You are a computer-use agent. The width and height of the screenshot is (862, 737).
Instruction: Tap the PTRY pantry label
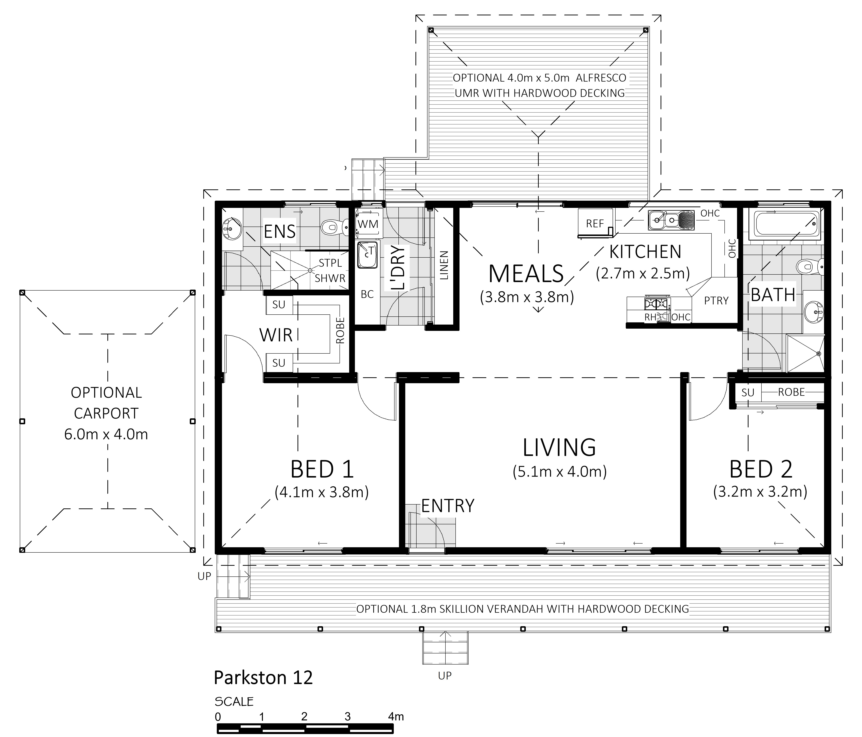click(716, 301)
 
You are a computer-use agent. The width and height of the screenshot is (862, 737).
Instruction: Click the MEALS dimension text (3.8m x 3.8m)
click(527, 297)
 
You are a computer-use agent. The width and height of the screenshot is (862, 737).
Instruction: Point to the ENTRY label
click(448, 506)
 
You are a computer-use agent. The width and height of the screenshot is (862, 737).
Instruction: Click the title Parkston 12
click(263, 678)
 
